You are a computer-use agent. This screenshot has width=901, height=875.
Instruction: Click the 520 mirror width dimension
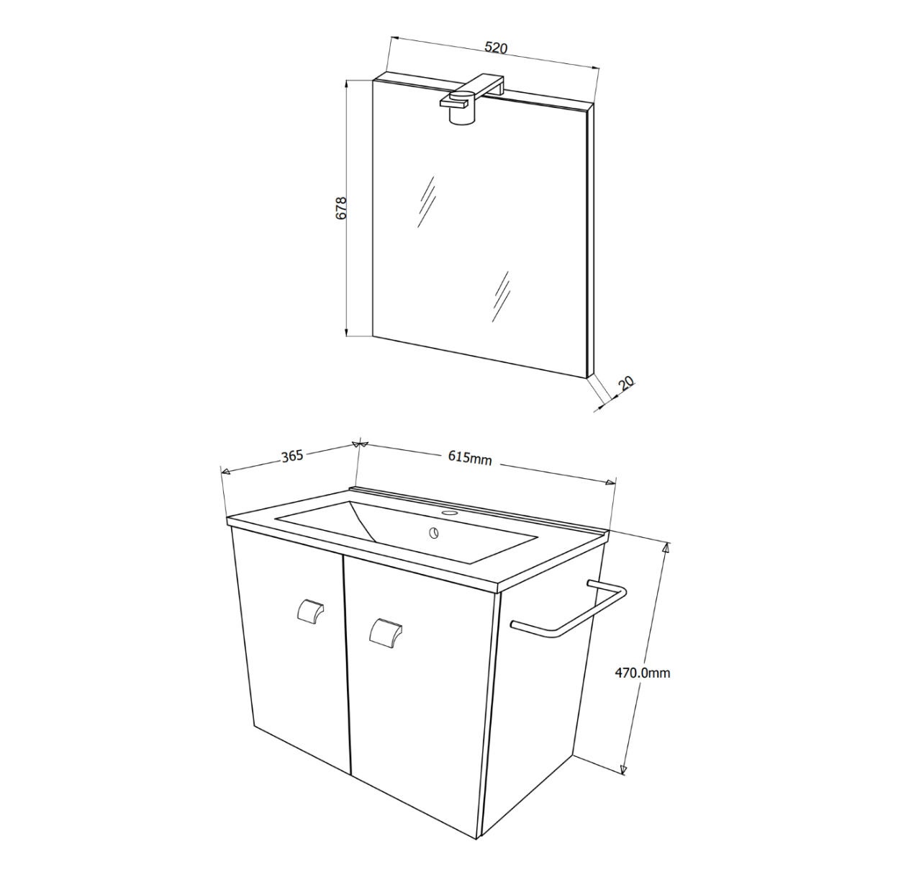(x=496, y=48)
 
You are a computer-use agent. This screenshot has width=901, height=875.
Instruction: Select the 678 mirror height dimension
(x=341, y=208)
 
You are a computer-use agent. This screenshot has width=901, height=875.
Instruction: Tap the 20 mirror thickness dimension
(x=625, y=383)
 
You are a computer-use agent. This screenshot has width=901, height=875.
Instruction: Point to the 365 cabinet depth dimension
(x=291, y=456)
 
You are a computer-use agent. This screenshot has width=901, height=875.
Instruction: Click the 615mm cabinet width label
(x=469, y=457)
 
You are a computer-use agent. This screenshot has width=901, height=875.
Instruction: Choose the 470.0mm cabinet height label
(x=642, y=673)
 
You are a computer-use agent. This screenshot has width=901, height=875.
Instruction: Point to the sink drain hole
(x=434, y=534)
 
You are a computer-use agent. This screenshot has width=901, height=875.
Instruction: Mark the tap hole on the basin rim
(x=450, y=513)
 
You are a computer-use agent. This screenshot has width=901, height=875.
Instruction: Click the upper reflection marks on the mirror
(x=426, y=201)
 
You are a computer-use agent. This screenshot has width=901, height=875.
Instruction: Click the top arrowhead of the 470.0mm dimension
(x=666, y=547)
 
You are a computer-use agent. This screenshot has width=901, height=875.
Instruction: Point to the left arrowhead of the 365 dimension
(x=225, y=472)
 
